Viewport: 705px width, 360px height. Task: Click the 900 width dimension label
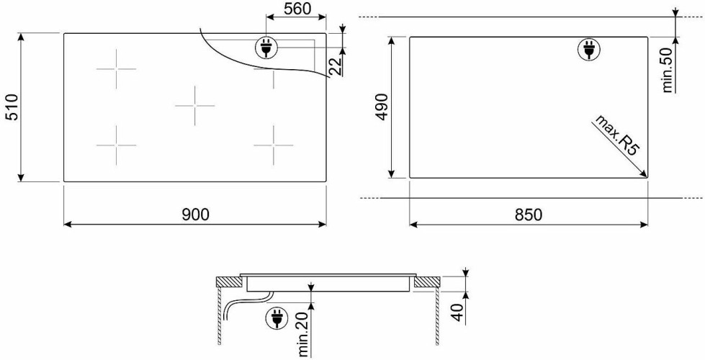point(196,215)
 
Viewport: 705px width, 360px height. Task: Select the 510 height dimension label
point(12,107)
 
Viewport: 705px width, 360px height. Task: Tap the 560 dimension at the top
point(297,8)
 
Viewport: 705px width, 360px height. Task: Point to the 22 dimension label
point(335,67)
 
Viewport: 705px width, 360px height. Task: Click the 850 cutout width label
point(529,215)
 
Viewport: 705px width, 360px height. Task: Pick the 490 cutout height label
point(382,107)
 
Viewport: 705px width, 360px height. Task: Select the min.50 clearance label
point(668,70)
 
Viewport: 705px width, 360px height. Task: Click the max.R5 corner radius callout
point(617,135)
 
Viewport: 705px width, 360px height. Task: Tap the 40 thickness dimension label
point(458,312)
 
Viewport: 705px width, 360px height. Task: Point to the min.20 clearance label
point(303,335)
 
